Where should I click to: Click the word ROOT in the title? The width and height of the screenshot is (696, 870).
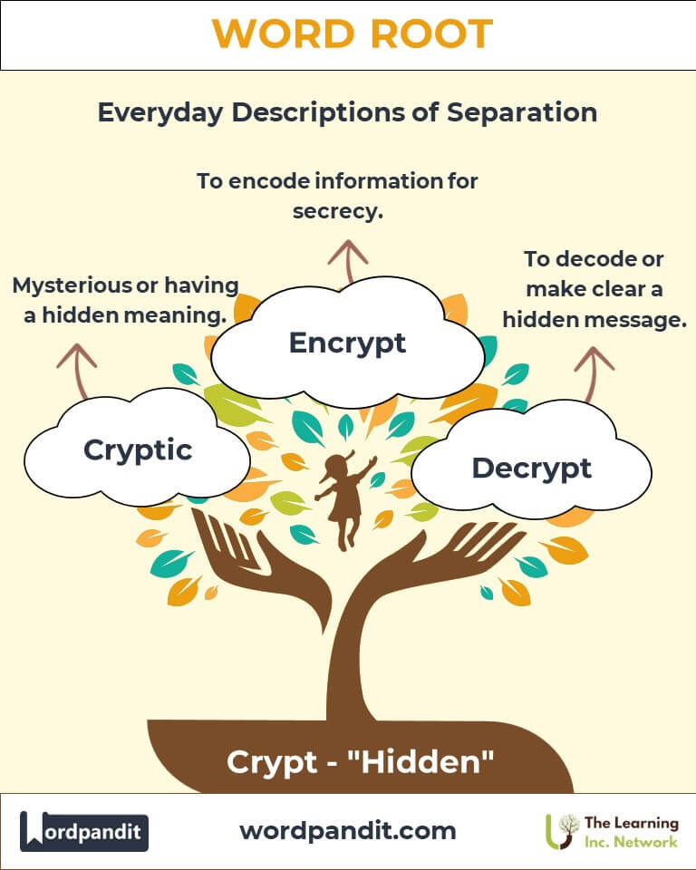pos(431,34)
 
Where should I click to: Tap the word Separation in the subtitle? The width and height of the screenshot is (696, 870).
pos(522,112)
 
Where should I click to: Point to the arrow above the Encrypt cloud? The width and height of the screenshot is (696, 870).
pos(348,262)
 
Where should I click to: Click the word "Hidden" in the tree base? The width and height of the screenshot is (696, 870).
pos(420,761)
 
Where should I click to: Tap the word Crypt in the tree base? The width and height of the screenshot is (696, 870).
pos(271,762)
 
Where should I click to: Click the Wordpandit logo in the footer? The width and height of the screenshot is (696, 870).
pos(83,831)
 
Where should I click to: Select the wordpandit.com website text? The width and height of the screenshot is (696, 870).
pos(348,831)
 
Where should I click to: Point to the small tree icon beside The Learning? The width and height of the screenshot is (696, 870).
pos(562,831)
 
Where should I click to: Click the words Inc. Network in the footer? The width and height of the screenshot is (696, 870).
pos(631,842)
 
